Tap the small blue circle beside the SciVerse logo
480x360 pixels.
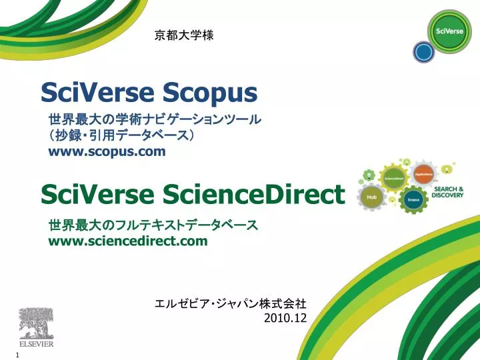(423, 51)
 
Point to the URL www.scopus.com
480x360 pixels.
(107, 151)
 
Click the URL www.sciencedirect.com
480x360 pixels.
(128, 241)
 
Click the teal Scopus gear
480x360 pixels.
(413, 199)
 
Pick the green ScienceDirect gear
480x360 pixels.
(393, 179)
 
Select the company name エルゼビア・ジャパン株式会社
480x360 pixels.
(230, 304)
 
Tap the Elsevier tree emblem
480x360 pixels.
(35, 325)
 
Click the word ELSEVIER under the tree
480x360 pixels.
(35, 346)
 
